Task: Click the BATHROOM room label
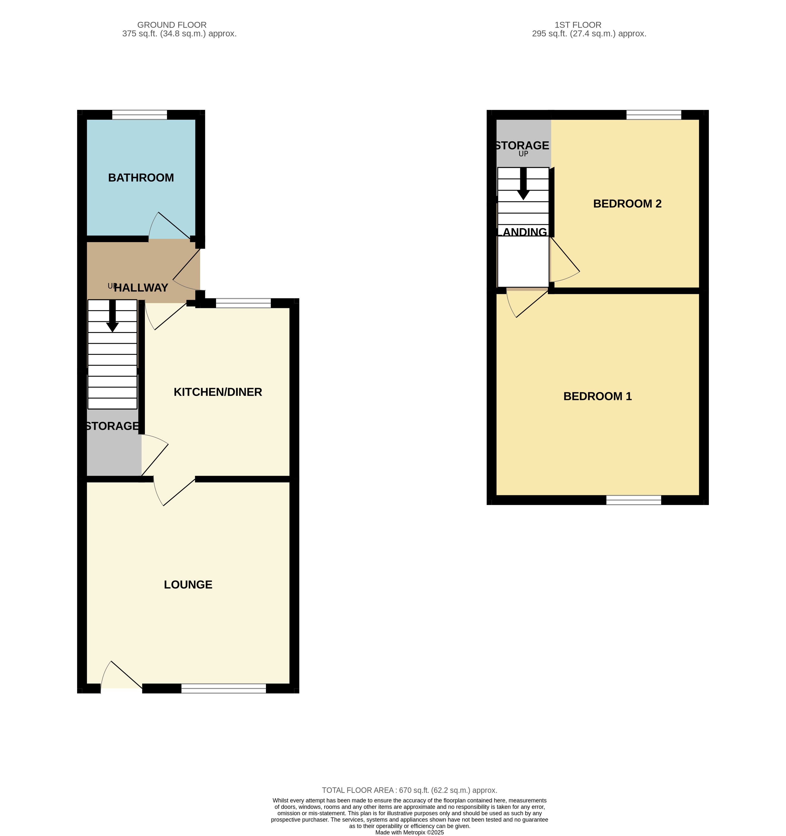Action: click(141, 178)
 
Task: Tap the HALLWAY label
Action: click(141, 288)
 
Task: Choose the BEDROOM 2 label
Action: click(627, 204)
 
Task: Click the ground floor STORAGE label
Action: click(112, 426)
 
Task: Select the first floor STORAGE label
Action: click(522, 145)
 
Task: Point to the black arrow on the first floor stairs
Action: click(523, 184)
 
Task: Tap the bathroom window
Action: click(140, 115)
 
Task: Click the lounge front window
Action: click(224, 688)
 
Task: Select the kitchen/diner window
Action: click(244, 303)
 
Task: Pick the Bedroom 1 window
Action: click(634, 500)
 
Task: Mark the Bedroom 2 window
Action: click(654, 115)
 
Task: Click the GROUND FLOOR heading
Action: click(172, 25)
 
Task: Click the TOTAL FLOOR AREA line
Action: click(410, 790)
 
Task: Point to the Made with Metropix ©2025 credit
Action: click(410, 832)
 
